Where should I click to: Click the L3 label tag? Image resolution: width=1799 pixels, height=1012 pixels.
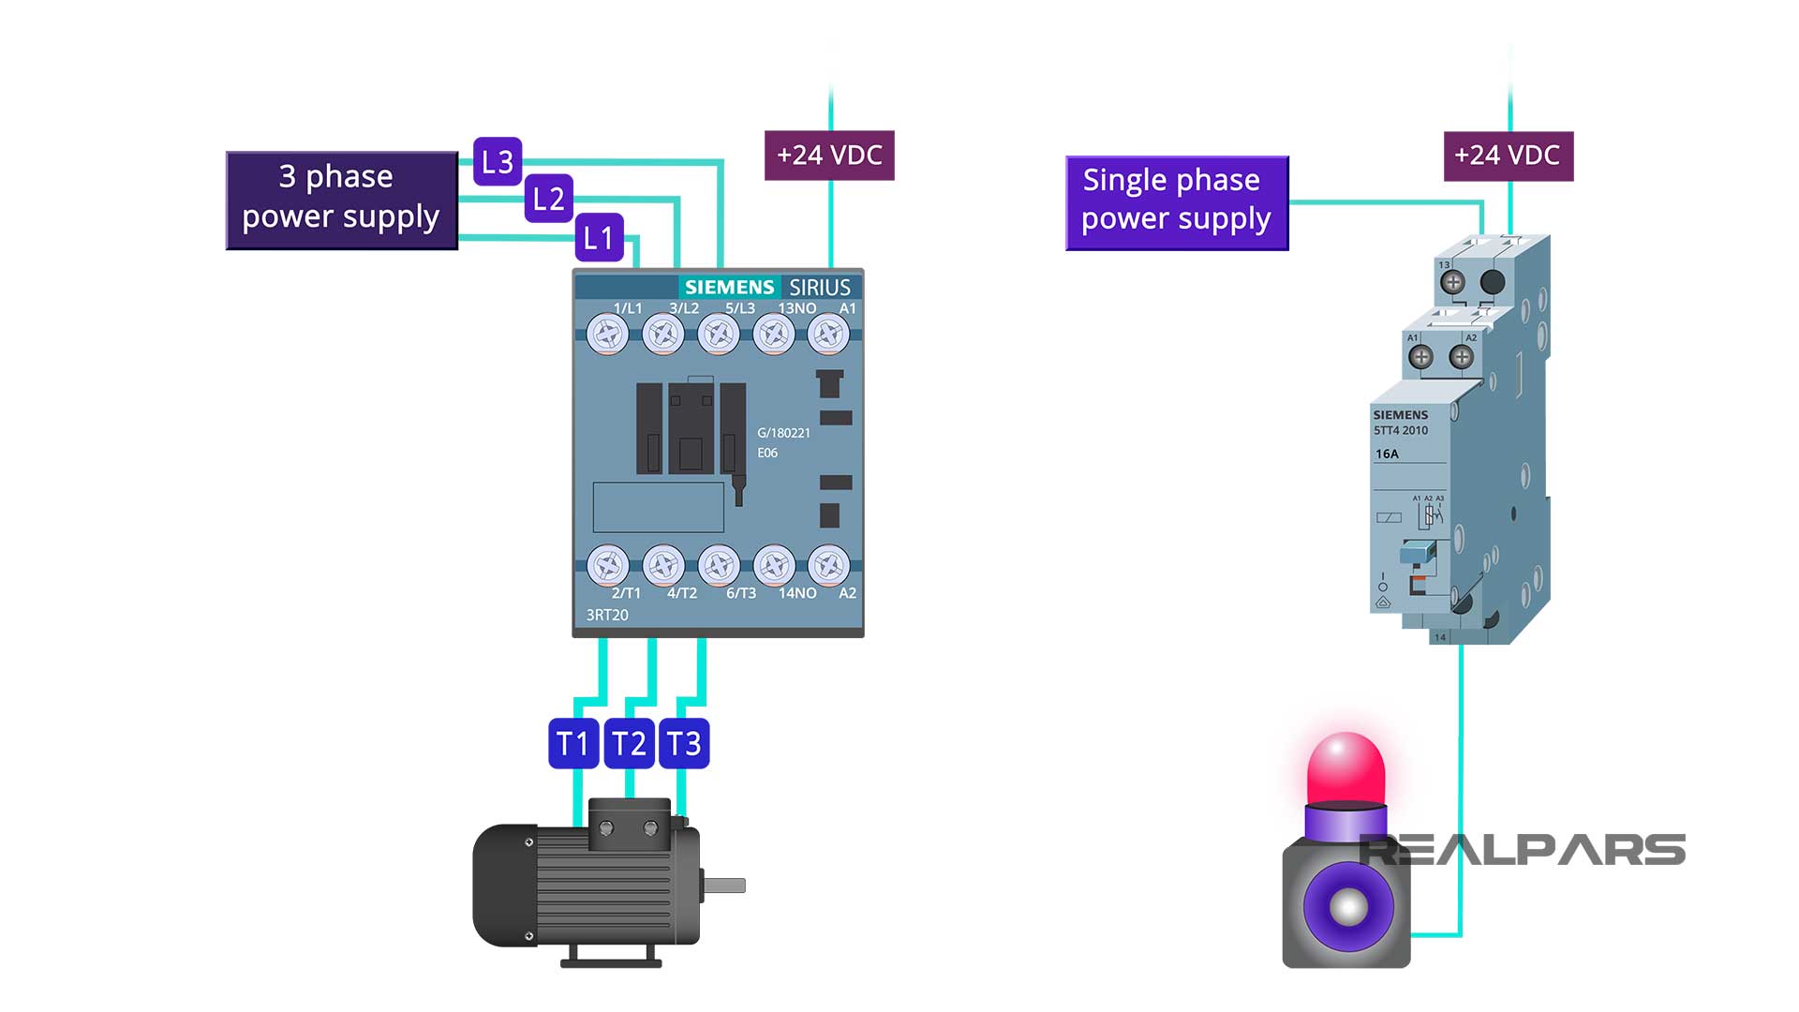point(497,161)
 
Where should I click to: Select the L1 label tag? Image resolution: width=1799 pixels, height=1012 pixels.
point(599,237)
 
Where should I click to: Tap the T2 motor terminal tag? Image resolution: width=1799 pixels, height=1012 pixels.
point(629,743)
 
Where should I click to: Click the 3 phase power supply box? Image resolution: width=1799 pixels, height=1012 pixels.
point(342,200)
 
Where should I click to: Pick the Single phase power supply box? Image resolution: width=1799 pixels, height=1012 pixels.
point(1177,202)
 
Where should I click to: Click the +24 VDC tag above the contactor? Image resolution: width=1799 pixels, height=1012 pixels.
point(829,155)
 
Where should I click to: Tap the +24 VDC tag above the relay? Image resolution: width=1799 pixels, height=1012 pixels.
point(1508,156)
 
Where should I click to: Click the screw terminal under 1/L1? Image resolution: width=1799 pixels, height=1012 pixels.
point(607,335)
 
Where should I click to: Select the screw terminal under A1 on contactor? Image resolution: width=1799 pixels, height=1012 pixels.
point(828,335)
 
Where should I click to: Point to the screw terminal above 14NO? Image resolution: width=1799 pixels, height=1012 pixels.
point(774,565)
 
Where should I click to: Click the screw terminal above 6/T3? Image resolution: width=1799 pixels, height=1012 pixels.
point(719,565)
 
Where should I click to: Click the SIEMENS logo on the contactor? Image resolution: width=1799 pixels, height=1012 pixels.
point(729,287)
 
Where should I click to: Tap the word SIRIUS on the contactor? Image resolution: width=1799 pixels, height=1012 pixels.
point(819,287)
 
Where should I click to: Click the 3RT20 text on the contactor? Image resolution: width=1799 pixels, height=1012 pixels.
point(607,615)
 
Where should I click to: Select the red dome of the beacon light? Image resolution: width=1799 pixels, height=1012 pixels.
point(1346,768)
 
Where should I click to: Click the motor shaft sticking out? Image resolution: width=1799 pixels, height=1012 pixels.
point(724,885)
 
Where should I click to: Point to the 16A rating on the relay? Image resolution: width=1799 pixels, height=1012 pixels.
point(1387,454)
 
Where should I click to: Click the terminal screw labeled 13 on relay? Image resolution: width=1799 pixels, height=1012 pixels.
point(1452,281)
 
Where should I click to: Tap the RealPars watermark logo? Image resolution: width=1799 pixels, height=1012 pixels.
point(1523,851)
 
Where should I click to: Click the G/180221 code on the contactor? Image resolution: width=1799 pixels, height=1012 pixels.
point(783,433)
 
